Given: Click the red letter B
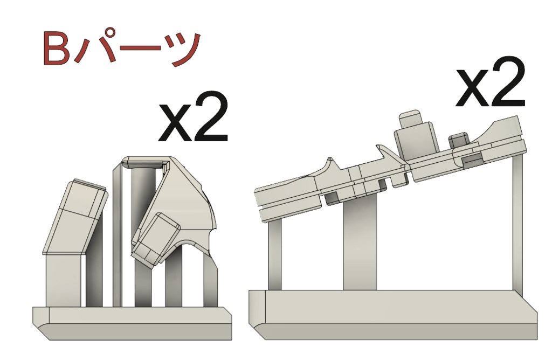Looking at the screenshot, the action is tap(56, 49).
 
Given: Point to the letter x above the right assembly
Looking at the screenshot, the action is tap(471, 87).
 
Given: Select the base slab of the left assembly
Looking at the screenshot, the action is tap(132, 323).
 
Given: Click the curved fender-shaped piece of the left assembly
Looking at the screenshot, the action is tap(187, 204).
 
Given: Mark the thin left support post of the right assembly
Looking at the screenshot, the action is tap(274, 254).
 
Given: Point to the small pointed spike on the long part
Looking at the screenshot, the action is tap(330, 161).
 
